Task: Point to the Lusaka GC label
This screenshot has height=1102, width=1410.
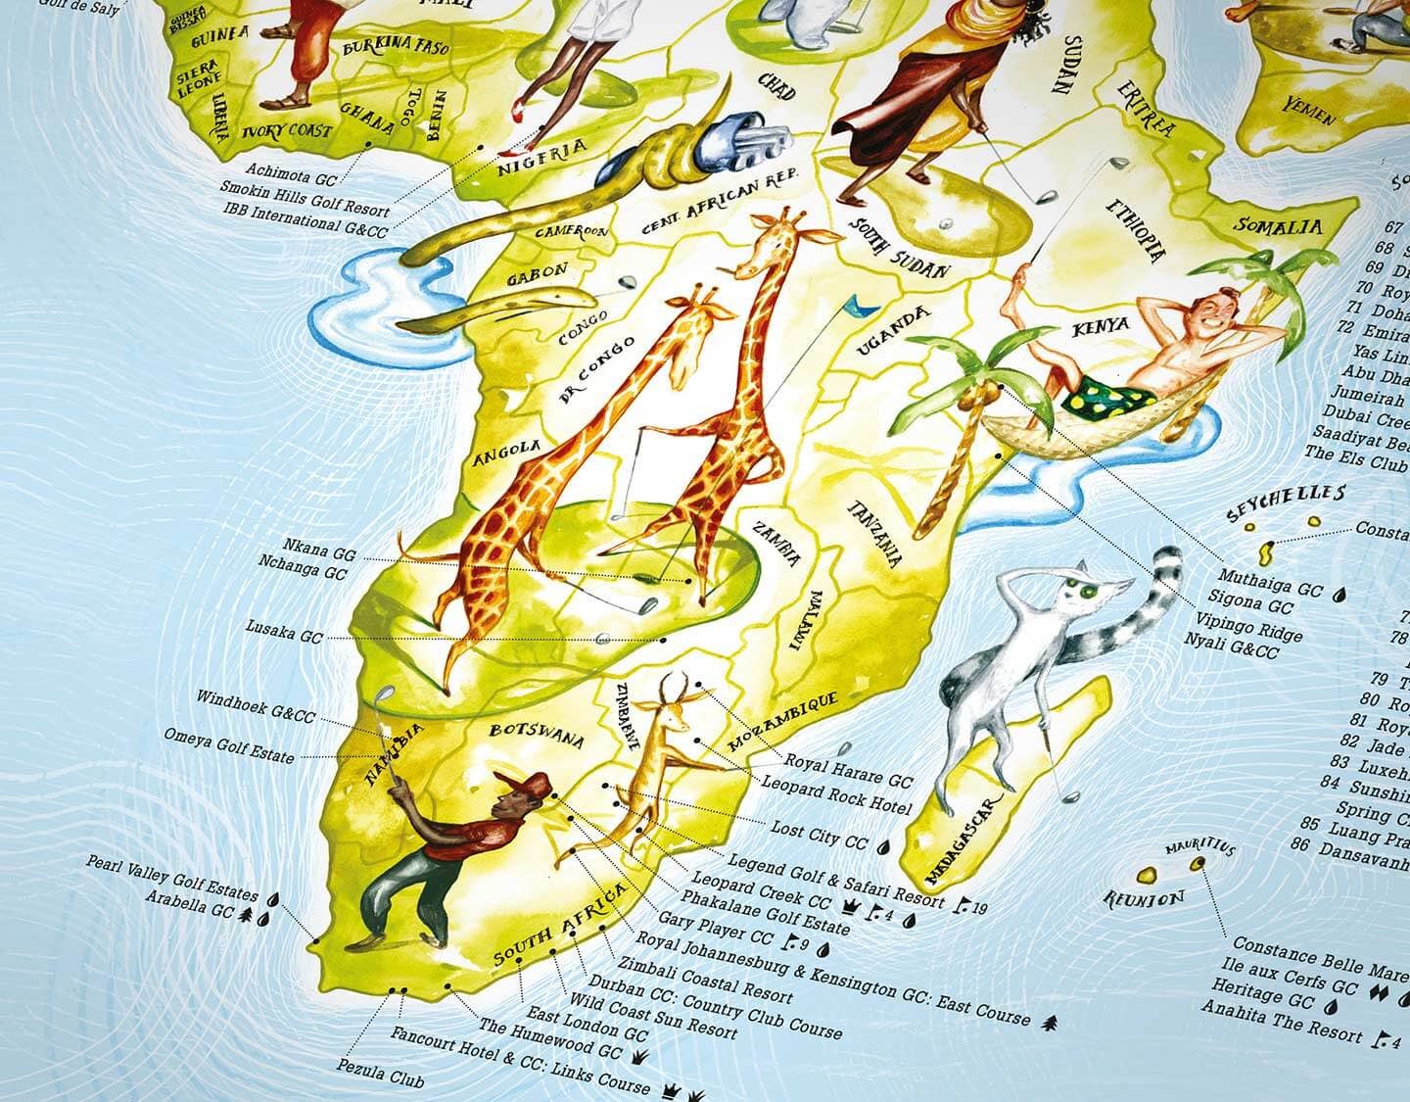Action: pyautogui.click(x=284, y=637)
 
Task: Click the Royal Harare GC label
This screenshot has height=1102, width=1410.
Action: pyautogui.click(x=848, y=770)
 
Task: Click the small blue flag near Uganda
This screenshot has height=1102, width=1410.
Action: pyautogui.click(x=861, y=306)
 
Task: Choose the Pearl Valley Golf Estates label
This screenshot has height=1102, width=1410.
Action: pyautogui.click(x=171, y=879)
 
